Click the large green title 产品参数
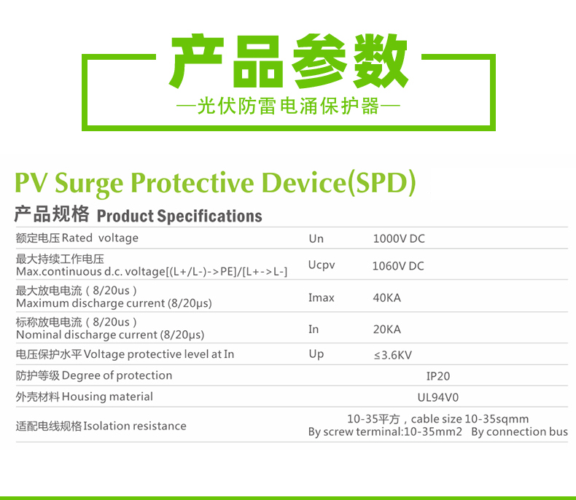pyautogui.click(x=289, y=61)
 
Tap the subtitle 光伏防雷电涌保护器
pyautogui.click(x=289, y=106)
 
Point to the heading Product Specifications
pyautogui.click(x=179, y=216)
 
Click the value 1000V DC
pyautogui.click(x=399, y=238)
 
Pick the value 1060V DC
pyautogui.click(x=398, y=266)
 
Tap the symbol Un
pyautogui.click(x=316, y=238)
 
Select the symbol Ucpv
pyautogui.click(x=322, y=265)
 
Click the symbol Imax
pyautogui.click(x=322, y=297)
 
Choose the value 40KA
pyautogui.click(x=387, y=297)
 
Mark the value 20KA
pyautogui.click(x=387, y=329)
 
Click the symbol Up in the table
pyautogui.click(x=316, y=354)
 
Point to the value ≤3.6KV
pyautogui.click(x=393, y=355)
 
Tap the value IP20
pyautogui.click(x=438, y=376)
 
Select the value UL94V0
pyautogui.click(x=438, y=397)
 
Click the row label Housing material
pyautogui.click(x=107, y=397)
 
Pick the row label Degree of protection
pyautogui.click(x=117, y=375)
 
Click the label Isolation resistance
pyautogui.click(x=135, y=426)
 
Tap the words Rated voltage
pyautogui.click(x=100, y=238)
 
